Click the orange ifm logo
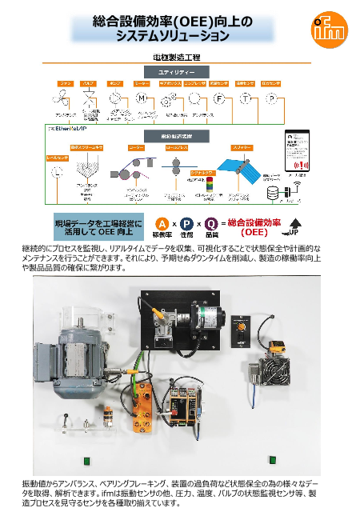[328, 30]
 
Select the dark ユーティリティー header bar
[175, 72]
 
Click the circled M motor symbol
[141, 98]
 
